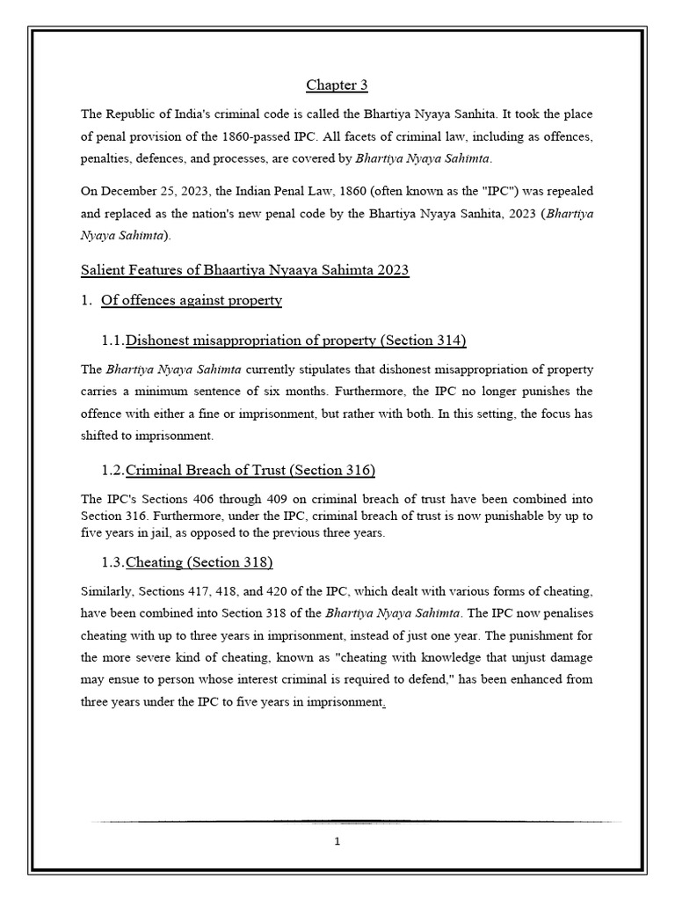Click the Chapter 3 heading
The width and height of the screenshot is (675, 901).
pos(337,85)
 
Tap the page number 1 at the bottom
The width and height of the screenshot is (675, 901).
pos(337,839)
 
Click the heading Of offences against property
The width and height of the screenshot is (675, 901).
pos(192,300)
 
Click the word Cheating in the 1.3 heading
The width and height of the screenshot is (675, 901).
pos(155,562)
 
